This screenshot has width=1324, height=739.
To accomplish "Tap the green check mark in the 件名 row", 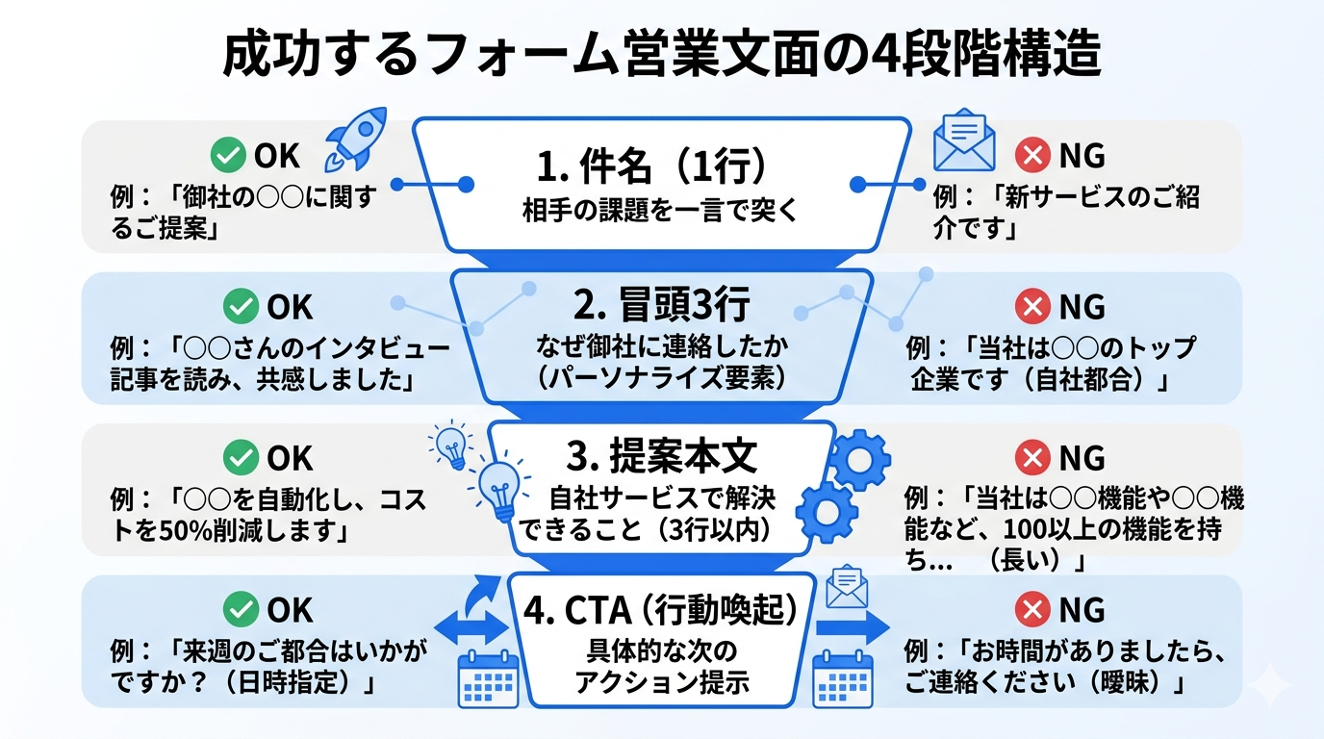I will (x=228, y=155).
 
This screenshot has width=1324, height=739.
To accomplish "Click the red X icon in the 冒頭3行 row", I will (x=1032, y=307).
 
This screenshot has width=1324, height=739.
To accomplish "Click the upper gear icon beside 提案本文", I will (x=858, y=460).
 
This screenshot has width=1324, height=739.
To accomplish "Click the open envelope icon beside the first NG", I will (x=964, y=143).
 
